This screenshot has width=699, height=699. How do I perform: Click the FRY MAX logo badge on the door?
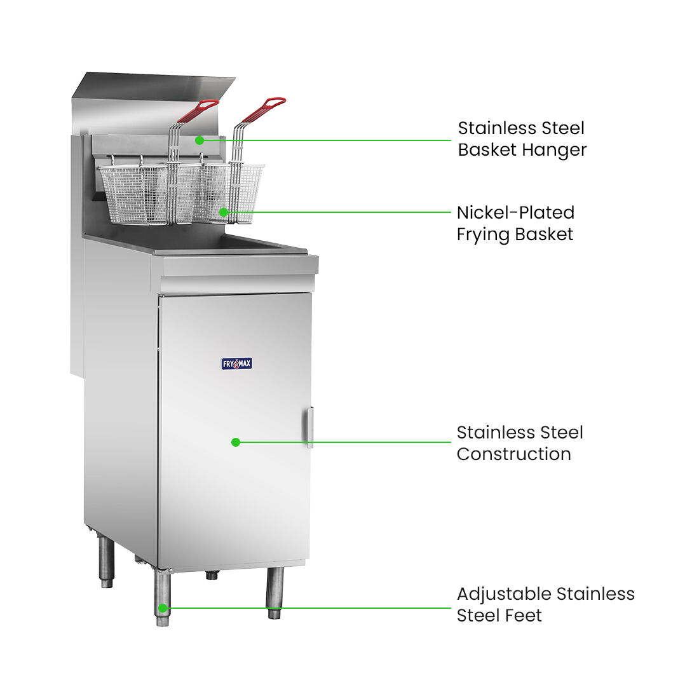tap(237, 363)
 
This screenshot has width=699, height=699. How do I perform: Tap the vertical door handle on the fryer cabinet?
tap(309, 427)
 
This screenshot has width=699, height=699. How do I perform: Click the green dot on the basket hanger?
tap(200, 140)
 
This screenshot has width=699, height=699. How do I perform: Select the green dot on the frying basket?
tap(224, 212)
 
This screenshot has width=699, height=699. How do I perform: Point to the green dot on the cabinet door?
tap(236, 442)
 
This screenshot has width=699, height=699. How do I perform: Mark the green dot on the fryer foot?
tap(163, 608)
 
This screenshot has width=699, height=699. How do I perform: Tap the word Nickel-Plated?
tap(516, 213)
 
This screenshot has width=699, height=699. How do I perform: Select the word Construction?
tap(514, 454)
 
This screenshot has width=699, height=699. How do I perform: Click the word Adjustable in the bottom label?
tap(505, 595)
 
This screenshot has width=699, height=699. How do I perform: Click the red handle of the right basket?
tap(264, 109)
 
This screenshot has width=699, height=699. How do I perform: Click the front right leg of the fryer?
tap(275, 593)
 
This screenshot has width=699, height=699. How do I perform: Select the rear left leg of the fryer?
tap(107, 562)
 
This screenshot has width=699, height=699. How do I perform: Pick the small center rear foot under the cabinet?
tap(212, 575)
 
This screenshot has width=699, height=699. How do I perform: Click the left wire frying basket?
tap(138, 193)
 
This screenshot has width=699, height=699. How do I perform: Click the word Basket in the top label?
tap(488, 150)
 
